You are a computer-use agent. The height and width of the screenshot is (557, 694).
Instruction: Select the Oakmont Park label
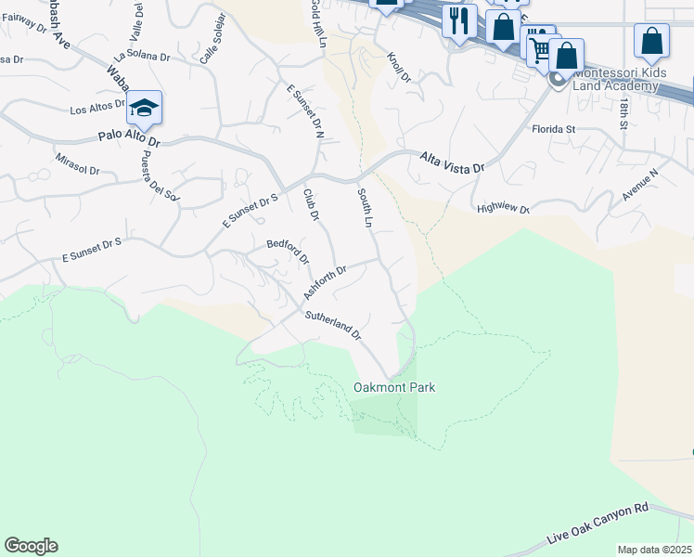tap(394, 387)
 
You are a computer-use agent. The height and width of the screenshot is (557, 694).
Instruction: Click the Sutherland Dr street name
tap(332, 326)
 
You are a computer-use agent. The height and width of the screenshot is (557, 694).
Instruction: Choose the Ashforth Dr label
tap(325, 282)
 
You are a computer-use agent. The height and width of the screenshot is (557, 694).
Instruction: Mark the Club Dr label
tap(311, 204)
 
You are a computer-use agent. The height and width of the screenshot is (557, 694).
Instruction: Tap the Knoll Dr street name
tap(400, 67)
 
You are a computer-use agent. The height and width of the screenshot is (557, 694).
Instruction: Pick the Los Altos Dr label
tap(97, 110)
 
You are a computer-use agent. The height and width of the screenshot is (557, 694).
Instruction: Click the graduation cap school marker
tap(145, 108)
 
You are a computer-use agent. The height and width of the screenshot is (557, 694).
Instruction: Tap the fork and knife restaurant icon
tap(459, 19)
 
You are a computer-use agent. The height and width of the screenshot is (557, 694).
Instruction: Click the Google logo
tap(31, 546)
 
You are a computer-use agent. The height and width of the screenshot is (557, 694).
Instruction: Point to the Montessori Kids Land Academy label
tap(617, 79)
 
